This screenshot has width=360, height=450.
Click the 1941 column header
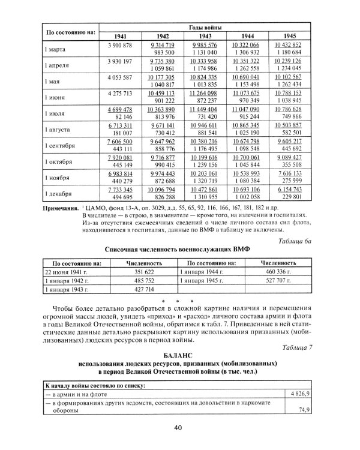[119, 35]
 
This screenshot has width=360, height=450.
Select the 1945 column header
[289, 35]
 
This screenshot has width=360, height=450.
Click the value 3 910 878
[119, 45]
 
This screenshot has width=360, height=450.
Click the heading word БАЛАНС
[179, 356]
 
